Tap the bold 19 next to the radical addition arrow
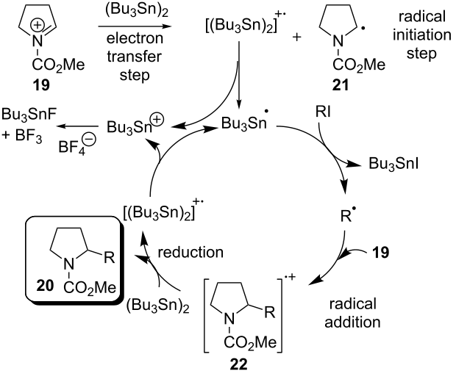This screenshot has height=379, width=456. point(382,256)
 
